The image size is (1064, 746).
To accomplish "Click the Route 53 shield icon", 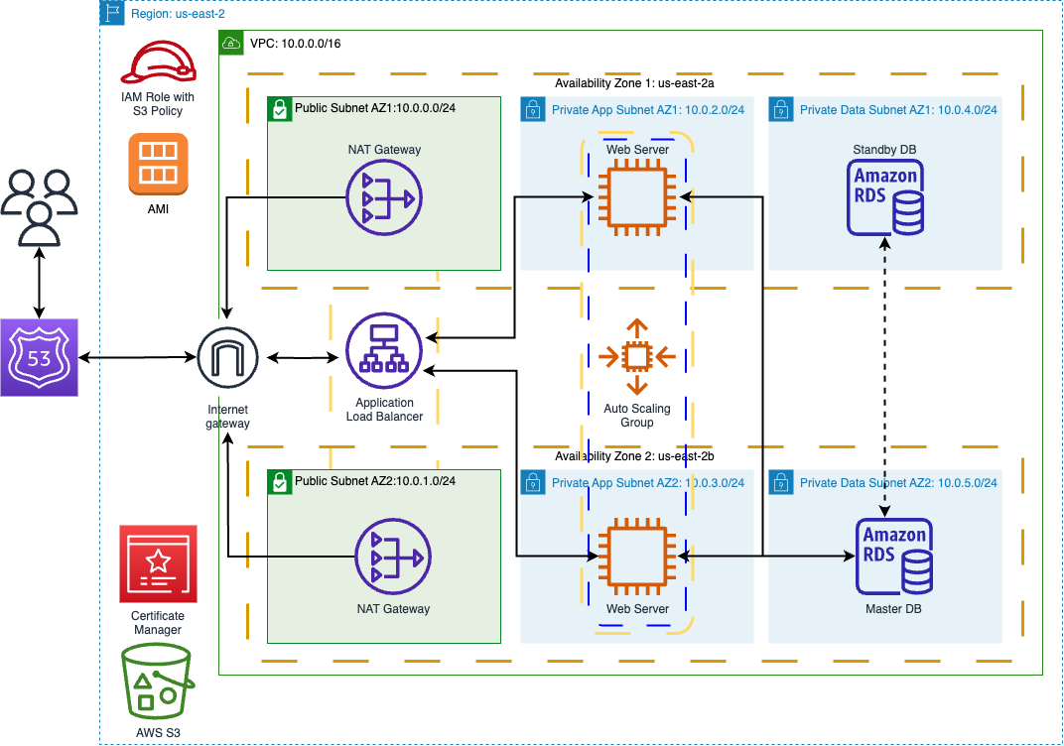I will point(39,357).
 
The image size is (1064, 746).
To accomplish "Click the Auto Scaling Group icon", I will point(636,356).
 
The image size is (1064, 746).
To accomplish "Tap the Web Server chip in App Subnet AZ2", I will point(636,557).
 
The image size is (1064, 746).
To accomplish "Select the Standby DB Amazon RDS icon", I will point(886,197).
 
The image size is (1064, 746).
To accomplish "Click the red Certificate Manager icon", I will point(158,563).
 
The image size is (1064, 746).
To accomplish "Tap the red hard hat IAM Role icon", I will point(158,64).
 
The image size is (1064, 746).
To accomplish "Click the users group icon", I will point(39,206).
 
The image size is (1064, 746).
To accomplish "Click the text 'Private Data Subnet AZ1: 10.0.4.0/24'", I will point(898,110).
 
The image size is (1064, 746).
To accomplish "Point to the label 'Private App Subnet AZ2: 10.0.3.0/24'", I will point(647,483).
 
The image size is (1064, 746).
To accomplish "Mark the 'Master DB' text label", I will point(893,608).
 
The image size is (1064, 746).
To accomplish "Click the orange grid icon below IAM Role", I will point(158,164).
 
